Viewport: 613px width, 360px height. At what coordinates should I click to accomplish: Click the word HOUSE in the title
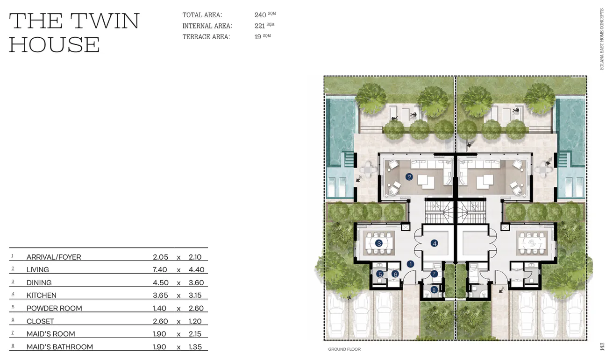tap(54, 45)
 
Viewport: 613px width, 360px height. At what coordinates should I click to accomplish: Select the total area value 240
tap(260, 15)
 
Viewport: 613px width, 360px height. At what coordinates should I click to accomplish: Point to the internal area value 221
tap(260, 26)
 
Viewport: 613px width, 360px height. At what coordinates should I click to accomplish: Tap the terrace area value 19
tap(258, 37)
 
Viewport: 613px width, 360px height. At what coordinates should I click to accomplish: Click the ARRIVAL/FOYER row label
tap(54, 257)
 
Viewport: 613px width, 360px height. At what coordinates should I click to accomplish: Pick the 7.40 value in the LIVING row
tap(160, 269)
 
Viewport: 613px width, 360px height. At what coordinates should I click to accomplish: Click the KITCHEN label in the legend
tap(42, 295)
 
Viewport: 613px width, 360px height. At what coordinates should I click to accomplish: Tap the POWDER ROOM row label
tap(54, 308)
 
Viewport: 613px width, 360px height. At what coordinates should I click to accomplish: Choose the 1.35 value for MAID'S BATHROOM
tap(195, 346)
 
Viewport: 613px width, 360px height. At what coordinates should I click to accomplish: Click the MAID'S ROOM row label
tap(51, 334)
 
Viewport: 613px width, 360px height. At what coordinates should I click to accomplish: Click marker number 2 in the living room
tap(409, 177)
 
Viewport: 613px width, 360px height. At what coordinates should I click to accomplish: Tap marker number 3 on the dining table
tap(379, 243)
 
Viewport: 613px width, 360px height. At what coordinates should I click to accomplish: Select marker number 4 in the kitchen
tap(434, 243)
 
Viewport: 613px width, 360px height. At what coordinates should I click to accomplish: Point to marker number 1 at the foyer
tap(410, 264)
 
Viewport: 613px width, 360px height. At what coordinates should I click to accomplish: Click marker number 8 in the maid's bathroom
tap(434, 290)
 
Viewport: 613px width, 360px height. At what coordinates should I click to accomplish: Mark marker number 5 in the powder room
tap(380, 274)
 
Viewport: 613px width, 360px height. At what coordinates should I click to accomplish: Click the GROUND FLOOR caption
tap(344, 349)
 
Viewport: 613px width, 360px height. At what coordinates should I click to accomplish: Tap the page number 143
tap(602, 346)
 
